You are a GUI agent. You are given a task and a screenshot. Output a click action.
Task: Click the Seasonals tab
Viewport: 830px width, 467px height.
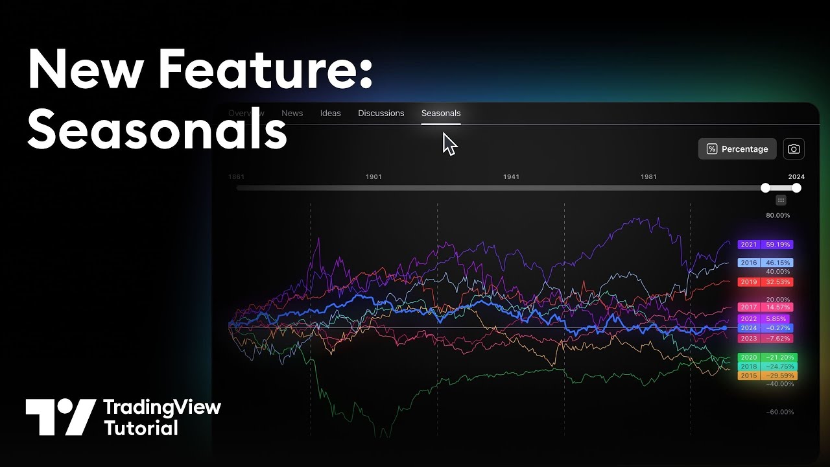coord(441,113)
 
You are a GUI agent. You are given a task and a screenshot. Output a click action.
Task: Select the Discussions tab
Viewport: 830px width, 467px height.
coord(381,113)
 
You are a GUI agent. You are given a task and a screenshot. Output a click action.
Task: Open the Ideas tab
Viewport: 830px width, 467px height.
coord(330,113)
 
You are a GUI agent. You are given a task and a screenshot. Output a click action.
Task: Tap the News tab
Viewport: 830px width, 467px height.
coord(292,113)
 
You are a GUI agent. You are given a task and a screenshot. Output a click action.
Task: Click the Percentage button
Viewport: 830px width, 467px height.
coord(737,149)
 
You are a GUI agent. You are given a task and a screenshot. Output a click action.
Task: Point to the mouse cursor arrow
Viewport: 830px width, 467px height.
coord(449,143)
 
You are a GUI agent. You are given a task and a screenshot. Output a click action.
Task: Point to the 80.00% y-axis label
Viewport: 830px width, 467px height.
coord(778,215)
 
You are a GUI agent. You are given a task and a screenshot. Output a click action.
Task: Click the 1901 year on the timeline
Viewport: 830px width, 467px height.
coord(373,176)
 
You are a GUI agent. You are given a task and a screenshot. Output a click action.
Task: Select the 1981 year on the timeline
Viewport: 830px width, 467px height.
coord(648,176)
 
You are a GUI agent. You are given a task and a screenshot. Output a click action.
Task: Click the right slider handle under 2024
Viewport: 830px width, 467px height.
coord(796,188)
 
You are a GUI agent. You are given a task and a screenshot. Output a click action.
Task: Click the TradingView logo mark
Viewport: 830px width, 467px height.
coord(61,417)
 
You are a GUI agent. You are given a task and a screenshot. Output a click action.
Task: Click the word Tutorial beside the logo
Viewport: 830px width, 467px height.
coord(141,428)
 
